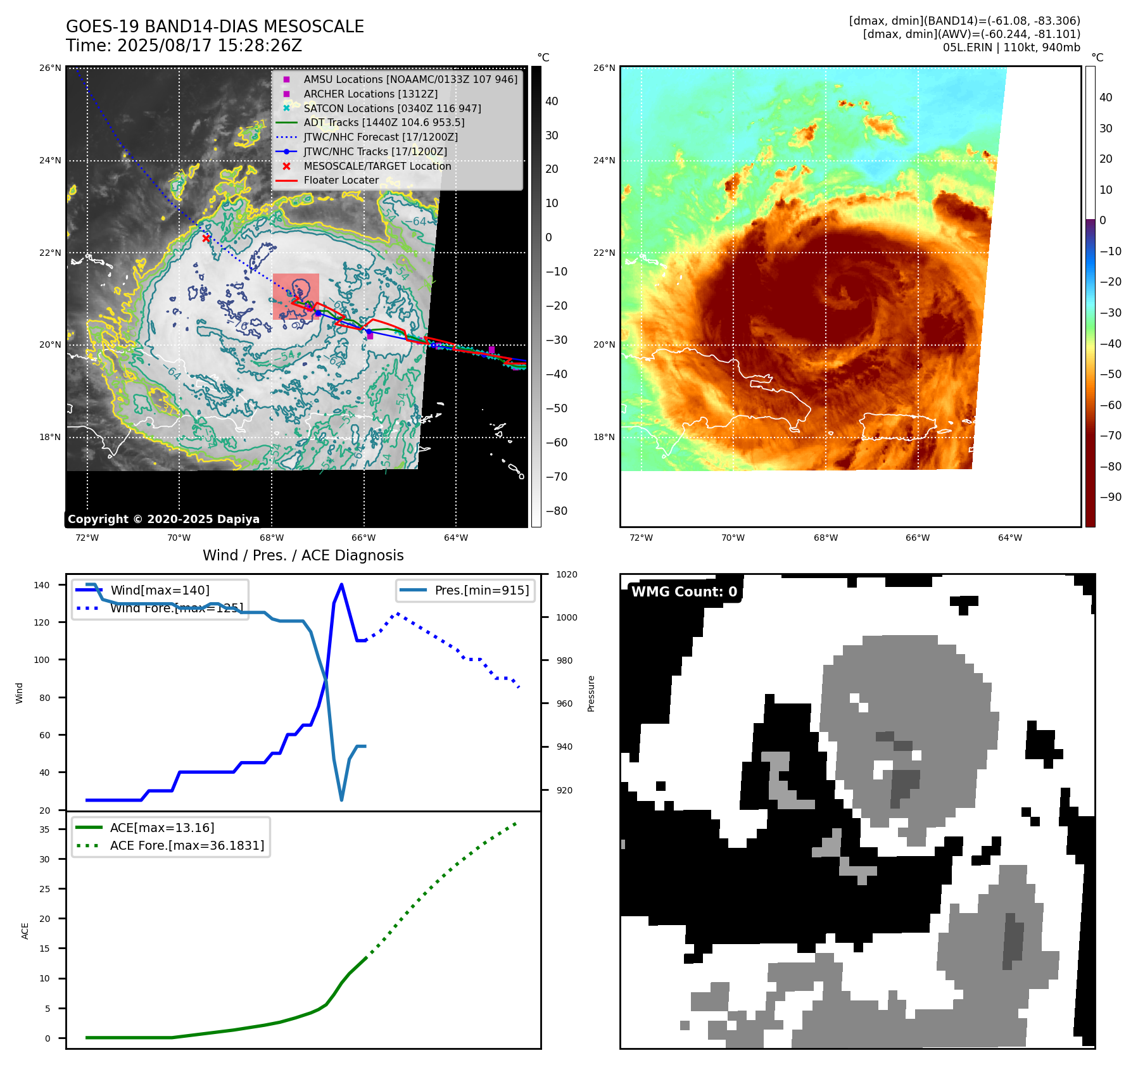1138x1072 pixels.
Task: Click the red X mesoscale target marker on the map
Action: coord(206,238)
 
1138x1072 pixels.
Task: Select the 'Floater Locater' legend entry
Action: coord(341,180)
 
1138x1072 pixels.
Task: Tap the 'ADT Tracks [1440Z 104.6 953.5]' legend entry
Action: coord(384,123)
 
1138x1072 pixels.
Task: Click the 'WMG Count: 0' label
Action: coord(684,592)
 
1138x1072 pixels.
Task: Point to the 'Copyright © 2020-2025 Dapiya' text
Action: coord(163,519)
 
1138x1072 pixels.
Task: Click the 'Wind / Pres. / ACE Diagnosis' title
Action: coord(303,555)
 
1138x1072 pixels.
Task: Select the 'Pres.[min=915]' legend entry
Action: coord(481,590)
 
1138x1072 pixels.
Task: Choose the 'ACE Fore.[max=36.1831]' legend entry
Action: coord(187,845)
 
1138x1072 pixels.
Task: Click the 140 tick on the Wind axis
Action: coord(42,585)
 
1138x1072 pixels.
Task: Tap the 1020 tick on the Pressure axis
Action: coord(567,574)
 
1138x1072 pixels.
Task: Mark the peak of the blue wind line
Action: coord(341,584)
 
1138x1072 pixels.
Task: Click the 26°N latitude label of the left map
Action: coord(51,68)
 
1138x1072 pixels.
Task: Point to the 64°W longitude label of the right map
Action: coord(1009,538)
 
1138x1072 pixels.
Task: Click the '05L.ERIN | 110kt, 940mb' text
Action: coord(1011,47)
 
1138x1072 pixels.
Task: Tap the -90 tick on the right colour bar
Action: coord(1110,497)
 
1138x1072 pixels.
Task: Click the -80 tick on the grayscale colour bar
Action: coord(557,511)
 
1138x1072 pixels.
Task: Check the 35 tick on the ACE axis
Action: coord(45,829)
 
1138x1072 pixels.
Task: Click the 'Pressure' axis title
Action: coord(591,693)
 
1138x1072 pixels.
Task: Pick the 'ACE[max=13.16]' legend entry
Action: coord(162,828)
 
